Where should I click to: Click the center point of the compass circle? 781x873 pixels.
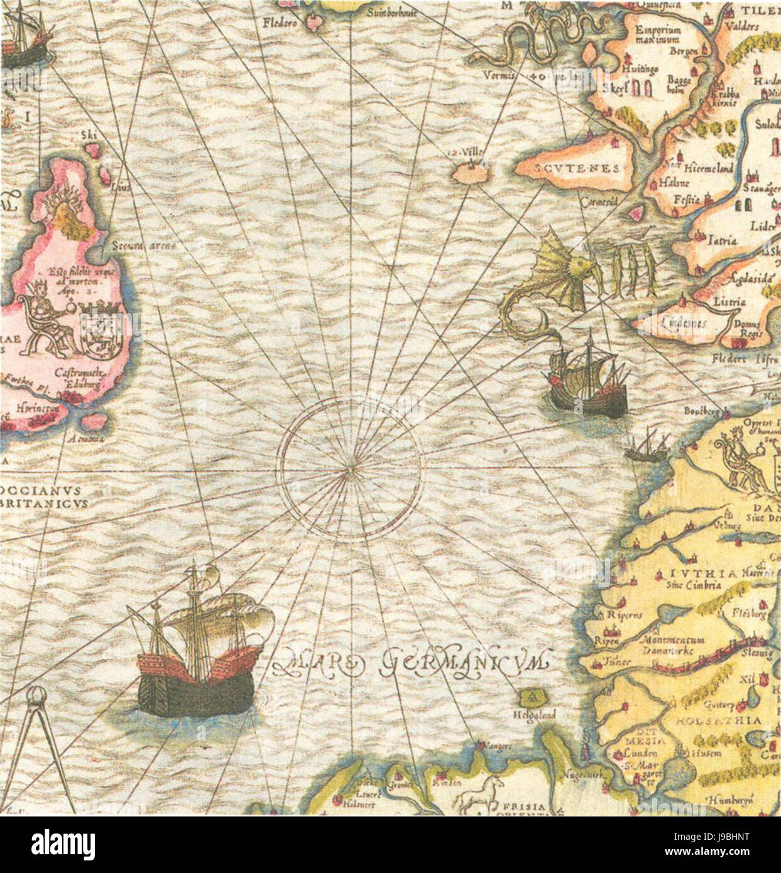pos(350,468)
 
